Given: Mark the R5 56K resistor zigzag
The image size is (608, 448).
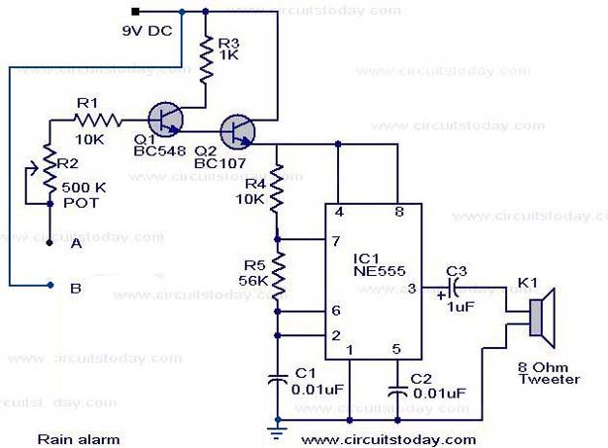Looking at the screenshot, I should coord(278,274).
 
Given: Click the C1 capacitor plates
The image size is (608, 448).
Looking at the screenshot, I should coord(278,379).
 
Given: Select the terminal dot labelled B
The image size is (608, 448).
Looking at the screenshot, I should coord(49,286).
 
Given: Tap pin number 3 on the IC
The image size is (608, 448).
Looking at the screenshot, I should coord(412,288).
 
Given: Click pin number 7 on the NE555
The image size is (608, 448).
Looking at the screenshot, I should coord(338,241).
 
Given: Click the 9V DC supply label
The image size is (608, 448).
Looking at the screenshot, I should coord(146,30).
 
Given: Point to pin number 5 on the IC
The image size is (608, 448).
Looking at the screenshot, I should coord(397,348).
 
